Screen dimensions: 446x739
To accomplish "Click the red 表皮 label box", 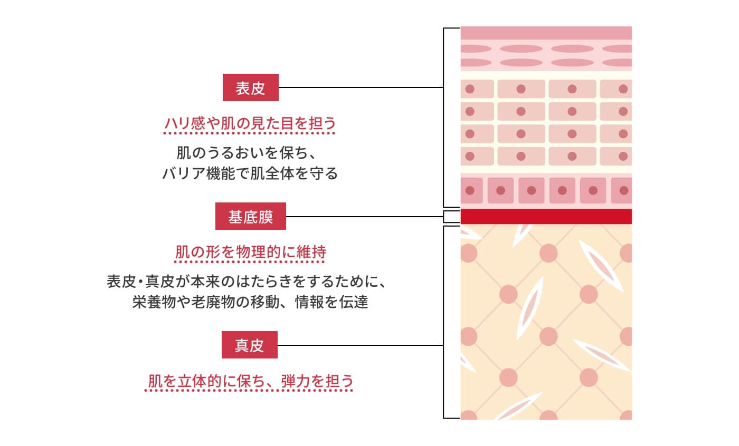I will [250, 88].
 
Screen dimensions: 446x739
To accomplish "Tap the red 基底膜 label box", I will [250, 216].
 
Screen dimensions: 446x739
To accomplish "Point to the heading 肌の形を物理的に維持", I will [250, 253].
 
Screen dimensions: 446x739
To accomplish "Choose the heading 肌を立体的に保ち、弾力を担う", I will [250, 381].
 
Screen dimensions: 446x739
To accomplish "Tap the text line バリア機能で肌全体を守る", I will [250, 173].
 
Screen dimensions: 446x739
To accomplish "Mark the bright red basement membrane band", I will [546, 216].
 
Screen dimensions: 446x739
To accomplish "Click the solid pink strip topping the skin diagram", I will [546, 33].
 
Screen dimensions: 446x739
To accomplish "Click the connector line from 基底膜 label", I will [364, 216].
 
